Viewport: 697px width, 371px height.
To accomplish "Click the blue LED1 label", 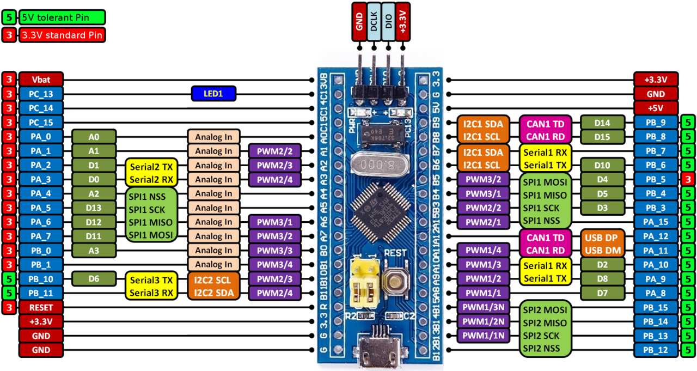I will pos(213,94).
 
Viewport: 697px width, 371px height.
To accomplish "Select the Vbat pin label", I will pos(41,80).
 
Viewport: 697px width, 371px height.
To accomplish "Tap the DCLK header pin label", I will pos(374,22).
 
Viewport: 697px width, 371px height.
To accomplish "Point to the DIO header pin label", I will pos(388,22).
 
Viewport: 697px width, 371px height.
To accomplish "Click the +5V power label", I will pos(656,108).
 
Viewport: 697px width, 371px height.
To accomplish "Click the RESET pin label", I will pos(41,307).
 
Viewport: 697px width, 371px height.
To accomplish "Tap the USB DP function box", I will pos(601,237).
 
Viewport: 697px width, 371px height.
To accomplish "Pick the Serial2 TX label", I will pos(150,166).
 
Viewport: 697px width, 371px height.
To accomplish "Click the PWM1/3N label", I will pos(484,307).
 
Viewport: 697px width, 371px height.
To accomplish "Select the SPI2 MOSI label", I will pos(546,309).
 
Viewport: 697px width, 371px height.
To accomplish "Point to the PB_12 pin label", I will pos(656,349).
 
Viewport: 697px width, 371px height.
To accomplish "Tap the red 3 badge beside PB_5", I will pos(687,179).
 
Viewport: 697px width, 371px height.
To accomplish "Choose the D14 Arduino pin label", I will pos(601,123).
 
